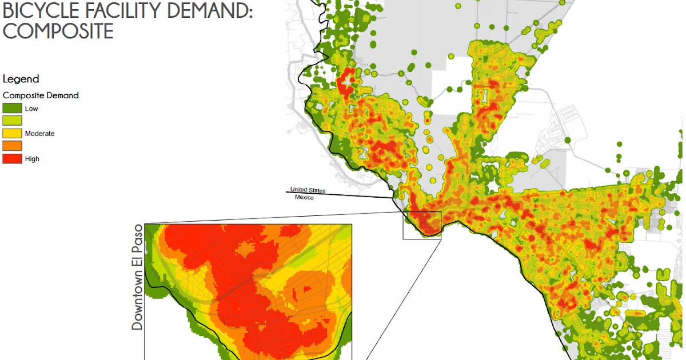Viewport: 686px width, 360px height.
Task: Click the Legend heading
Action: [21, 79]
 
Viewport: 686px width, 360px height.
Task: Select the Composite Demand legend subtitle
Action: [41, 95]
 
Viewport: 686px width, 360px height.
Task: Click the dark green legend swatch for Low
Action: [12, 108]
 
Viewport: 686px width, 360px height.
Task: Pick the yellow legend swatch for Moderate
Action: [12, 133]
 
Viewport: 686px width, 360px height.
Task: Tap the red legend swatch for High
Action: [12, 158]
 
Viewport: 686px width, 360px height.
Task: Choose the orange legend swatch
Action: [12, 146]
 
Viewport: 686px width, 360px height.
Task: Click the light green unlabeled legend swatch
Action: [12, 121]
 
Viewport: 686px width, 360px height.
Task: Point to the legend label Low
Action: [31, 109]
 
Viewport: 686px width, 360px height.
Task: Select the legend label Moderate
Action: [39, 133]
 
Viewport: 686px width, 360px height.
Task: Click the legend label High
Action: [32, 159]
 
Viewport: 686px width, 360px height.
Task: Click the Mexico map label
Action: [304, 197]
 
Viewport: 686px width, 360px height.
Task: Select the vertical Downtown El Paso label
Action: [137, 277]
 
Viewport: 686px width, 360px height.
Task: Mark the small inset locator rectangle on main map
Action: [422, 225]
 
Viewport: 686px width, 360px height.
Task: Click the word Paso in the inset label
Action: [137, 239]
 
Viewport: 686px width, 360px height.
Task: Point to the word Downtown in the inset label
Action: [137, 298]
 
